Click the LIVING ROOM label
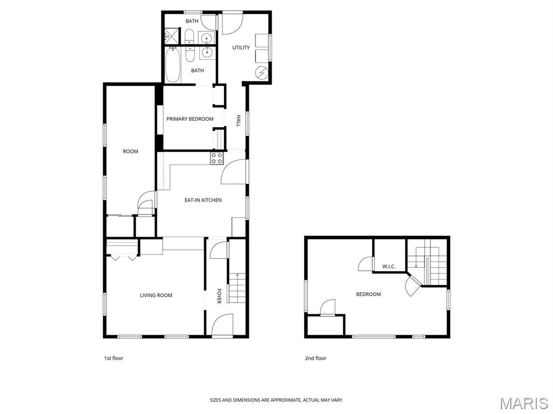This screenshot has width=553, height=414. pyautogui.click(x=156, y=295)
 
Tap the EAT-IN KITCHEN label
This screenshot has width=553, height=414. pyautogui.click(x=203, y=200)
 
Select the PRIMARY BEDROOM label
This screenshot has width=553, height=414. pyautogui.click(x=190, y=119)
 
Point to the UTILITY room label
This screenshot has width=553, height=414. pyautogui.click(x=241, y=47)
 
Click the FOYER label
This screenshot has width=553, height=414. pyautogui.click(x=219, y=296)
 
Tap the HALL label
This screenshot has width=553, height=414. pyautogui.click(x=238, y=121)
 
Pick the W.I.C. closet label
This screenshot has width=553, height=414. pyautogui.click(x=389, y=266)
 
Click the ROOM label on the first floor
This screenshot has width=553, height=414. pyautogui.click(x=131, y=151)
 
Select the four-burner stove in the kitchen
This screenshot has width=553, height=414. pyautogui.click(x=217, y=158)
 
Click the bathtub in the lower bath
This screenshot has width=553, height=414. pyautogui.click(x=173, y=65)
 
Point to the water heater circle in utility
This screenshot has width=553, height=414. pyautogui.click(x=262, y=73)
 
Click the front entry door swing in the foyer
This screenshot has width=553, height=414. pyautogui.click(x=221, y=324)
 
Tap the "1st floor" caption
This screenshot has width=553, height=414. pyautogui.click(x=113, y=358)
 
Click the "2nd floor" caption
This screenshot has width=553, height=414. pyautogui.click(x=315, y=358)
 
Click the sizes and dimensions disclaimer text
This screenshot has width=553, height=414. pyautogui.click(x=276, y=400)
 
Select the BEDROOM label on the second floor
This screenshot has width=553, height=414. pyautogui.click(x=368, y=294)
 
